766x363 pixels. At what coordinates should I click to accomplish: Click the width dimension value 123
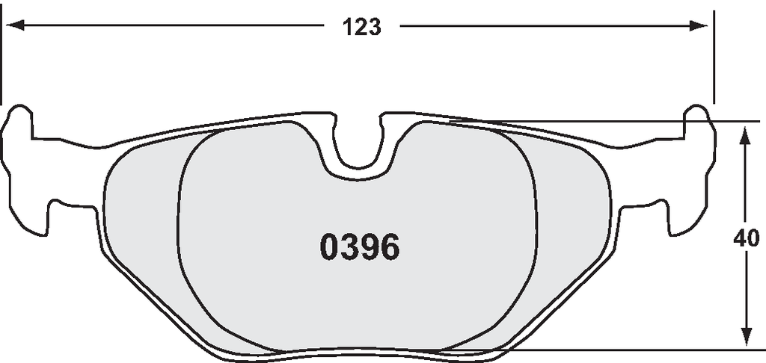pyautogui.click(x=361, y=27)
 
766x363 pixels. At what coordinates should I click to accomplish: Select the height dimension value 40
pyautogui.click(x=747, y=239)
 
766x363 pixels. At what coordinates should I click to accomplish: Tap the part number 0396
pyautogui.click(x=360, y=247)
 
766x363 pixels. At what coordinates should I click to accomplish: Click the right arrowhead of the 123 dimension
pyautogui.click(x=699, y=25)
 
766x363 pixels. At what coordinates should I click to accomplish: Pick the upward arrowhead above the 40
pyautogui.click(x=745, y=136)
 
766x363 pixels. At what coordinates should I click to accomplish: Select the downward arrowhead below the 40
pyautogui.click(x=746, y=335)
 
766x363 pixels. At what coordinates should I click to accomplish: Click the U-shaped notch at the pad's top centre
pyautogui.click(x=358, y=146)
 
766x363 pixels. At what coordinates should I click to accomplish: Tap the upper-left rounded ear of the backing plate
pyautogui.click(x=19, y=122)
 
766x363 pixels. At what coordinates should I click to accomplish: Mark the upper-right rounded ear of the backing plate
pyautogui.click(x=699, y=122)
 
